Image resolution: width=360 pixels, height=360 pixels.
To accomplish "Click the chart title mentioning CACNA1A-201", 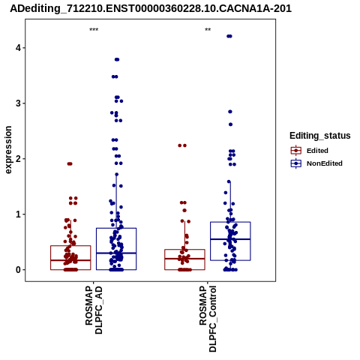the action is tap(151, 8).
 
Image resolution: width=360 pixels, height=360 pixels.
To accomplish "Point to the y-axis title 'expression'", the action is tap(8, 150).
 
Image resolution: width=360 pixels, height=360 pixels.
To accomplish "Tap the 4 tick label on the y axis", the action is tap(18, 47).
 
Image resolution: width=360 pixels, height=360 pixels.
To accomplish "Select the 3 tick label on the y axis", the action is tap(18, 103).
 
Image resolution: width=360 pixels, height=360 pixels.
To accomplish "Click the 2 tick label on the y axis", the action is tap(18, 159).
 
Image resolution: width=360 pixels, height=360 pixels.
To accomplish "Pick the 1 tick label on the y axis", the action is tap(18, 214).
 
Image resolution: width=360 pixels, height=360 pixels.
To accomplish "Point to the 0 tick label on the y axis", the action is tap(18, 270).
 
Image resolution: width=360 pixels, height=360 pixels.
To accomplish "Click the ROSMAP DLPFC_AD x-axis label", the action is tap(94, 310).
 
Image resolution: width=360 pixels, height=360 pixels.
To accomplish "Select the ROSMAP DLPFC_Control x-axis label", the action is tap(208, 319).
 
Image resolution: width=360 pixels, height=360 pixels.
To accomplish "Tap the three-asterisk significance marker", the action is tap(94, 30).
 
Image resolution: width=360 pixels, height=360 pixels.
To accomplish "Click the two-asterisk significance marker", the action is tap(208, 30).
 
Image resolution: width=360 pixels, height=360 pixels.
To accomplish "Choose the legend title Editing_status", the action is tap(320, 136).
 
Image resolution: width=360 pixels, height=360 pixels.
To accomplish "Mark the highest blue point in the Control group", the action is tap(229, 36).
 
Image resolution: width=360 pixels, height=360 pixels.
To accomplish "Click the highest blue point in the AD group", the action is tap(117, 59).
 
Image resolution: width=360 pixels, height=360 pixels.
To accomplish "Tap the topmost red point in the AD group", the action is tap(70, 164).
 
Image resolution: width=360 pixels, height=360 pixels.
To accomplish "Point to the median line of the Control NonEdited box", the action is tap(230, 239).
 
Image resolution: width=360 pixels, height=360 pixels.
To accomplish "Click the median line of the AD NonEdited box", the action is tap(116, 253).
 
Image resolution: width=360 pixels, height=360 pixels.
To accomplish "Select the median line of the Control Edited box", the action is tap(184, 259).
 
